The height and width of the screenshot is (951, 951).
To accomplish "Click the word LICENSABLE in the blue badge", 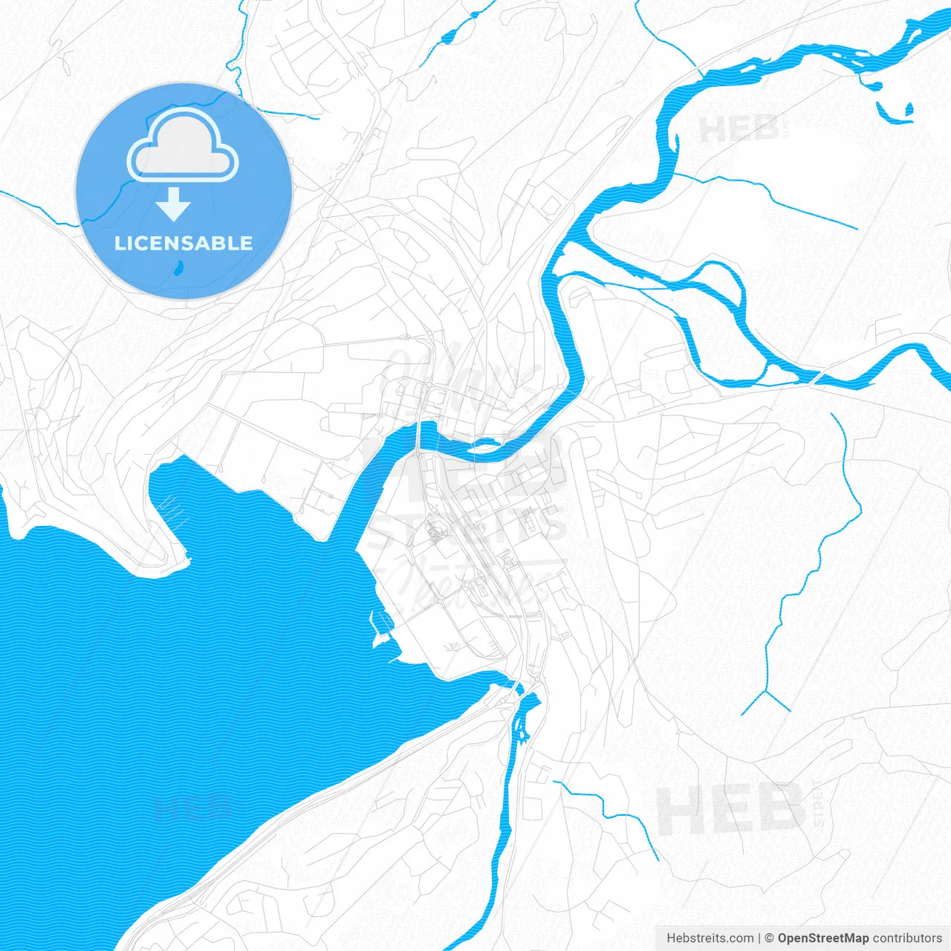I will point(184,244).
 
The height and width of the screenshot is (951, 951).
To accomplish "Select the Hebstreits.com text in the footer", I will point(710,938).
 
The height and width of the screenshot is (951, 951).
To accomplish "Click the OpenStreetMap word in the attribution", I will point(822,938).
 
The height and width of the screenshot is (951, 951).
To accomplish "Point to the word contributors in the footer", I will point(907,938).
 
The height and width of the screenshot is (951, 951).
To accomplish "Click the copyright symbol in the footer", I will point(769,938).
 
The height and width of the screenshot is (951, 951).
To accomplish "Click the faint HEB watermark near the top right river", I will point(739,131).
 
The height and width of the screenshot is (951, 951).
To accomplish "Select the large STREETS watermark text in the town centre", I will point(468,525).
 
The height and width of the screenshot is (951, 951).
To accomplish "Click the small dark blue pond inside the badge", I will point(178,268).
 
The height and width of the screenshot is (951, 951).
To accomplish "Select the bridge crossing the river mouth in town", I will point(419,438).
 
